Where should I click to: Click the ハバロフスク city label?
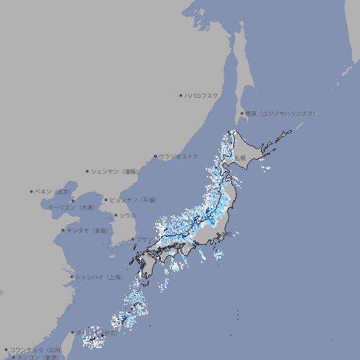(x=202, y=96)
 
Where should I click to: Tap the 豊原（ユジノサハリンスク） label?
(x=281, y=113)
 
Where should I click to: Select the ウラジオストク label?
(x=179, y=156)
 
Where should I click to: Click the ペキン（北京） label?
(x=53, y=191)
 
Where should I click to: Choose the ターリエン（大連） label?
(x=71, y=207)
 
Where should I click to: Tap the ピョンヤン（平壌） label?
(x=133, y=200)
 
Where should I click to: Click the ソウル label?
(x=127, y=215)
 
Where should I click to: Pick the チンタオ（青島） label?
(x=87, y=230)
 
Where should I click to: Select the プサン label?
(x=143, y=239)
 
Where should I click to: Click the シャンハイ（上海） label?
(x=98, y=277)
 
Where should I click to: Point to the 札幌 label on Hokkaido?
(x=240, y=158)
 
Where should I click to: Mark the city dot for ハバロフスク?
(x=181, y=96)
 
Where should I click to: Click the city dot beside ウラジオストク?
(x=155, y=156)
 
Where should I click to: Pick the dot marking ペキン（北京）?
(x=32, y=191)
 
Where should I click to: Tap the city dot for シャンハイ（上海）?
(x=72, y=277)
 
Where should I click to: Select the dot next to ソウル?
(x=115, y=215)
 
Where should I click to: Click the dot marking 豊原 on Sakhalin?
(x=242, y=113)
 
